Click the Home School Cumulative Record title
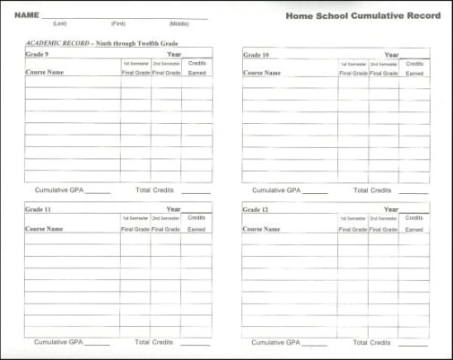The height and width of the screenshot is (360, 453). (x=362, y=15)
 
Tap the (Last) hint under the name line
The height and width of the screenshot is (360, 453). (x=59, y=23)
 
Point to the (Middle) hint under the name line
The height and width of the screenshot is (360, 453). (x=179, y=23)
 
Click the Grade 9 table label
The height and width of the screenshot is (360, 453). (x=38, y=54)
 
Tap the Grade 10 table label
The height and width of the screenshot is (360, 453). (x=257, y=55)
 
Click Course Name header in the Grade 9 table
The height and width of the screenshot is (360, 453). (x=45, y=73)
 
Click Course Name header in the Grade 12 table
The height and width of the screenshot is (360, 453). (x=262, y=229)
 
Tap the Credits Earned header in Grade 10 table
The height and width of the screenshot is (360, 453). (x=414, y=68)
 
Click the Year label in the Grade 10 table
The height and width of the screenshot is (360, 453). (x=391, y=55)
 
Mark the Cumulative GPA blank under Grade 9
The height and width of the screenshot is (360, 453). (x=98, y=192)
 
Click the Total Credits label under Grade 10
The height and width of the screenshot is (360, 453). (x=372, y=190)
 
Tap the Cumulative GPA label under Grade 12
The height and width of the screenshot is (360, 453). (x=275, y=342)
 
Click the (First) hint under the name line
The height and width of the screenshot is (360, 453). (x=118, y=23)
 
